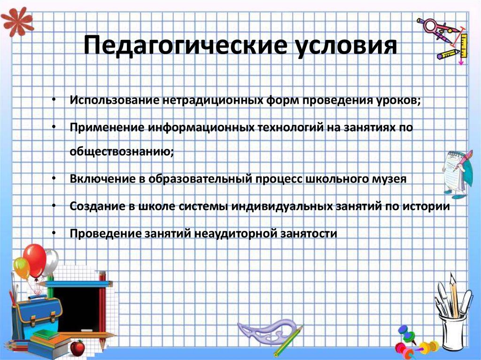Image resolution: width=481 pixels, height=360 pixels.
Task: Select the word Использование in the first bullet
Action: (114, 101)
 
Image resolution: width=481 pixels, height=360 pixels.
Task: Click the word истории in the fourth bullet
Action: (426, 206)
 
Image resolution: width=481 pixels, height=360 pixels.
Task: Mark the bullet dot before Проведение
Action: (54, 233)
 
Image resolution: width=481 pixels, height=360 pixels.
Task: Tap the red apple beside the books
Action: (77, 347)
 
